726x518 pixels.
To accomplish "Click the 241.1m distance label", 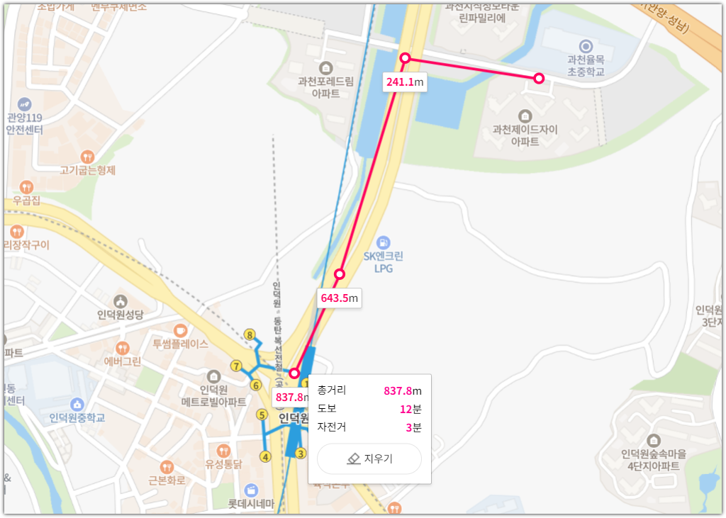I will pos(405,82).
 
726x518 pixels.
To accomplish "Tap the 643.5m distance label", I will pos(340,298).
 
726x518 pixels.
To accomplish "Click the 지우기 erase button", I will pos(369,458).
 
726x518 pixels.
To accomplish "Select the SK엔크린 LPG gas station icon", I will pos(384,242).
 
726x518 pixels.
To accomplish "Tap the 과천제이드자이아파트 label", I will pos(525,135).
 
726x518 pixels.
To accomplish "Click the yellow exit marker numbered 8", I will pos(249,334).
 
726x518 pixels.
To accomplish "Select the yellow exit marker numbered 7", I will pos(236,366).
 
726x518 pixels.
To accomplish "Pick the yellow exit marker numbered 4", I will pos(266,456).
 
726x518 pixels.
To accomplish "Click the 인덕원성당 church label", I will pos(121,315).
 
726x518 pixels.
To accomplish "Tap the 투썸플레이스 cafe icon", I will pos(180,330).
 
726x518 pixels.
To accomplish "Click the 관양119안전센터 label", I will pos(25,124).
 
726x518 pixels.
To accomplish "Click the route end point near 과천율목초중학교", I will pos(538,78).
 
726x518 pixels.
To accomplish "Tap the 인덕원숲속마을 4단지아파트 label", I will pos(650,460).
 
